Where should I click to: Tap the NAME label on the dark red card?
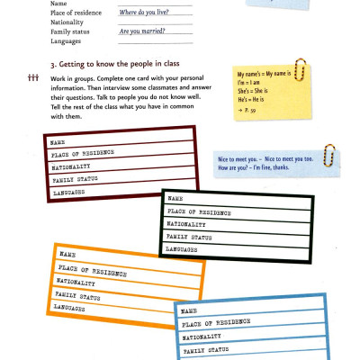pyautogui.click(x=58, y=142)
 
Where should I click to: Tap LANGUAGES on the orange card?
pyautogui.click(x=74, y=307)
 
